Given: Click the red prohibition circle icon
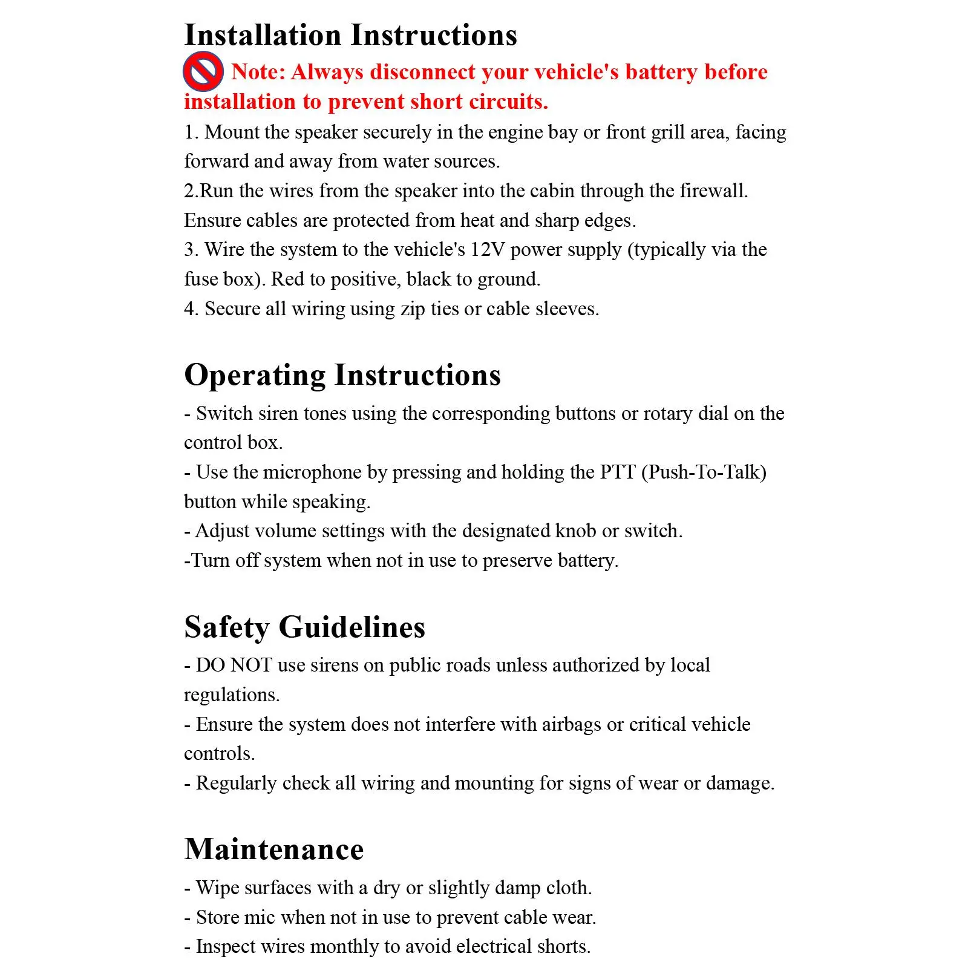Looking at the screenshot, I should coord(203,71).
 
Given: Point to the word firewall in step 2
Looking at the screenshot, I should coord(713,191).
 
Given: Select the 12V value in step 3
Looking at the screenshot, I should coord(487,250).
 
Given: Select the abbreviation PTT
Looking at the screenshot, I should coord(617,473).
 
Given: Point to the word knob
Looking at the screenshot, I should coord(575,531).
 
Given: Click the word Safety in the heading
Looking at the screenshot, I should coord(227,627).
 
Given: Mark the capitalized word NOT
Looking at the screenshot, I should coord(251,665).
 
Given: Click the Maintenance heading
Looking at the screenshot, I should coord(274,849).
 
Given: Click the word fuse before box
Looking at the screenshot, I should coord(201,280).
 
